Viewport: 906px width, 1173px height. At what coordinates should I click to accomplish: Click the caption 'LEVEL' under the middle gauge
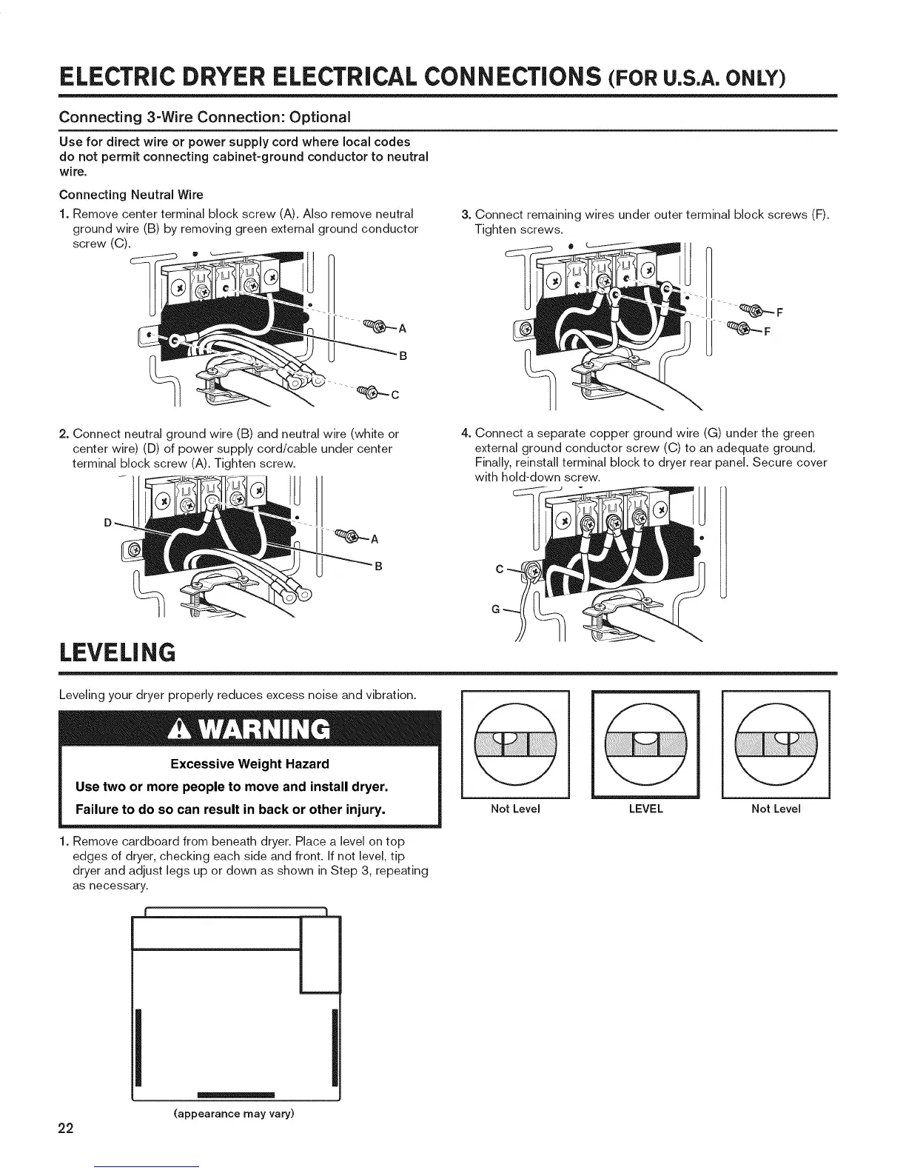[x=645, y=809]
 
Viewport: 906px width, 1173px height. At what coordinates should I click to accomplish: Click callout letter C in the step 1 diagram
[x=395, y=394]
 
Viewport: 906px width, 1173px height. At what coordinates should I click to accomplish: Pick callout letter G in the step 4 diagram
[x=495, y=609]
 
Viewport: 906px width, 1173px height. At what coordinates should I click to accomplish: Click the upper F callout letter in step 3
[x=779, y=311]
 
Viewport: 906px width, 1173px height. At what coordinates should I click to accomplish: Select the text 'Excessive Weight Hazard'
[x=249, y=763]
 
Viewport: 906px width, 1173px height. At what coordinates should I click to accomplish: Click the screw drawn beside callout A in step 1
[x=375, y=327]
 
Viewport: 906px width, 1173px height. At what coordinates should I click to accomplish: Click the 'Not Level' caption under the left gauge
[x=515, y=809]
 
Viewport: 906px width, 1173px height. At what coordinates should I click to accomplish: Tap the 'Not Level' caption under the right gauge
[x=776, y=809]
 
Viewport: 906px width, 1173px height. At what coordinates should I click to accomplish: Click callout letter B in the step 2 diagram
[x=378, y=567]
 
